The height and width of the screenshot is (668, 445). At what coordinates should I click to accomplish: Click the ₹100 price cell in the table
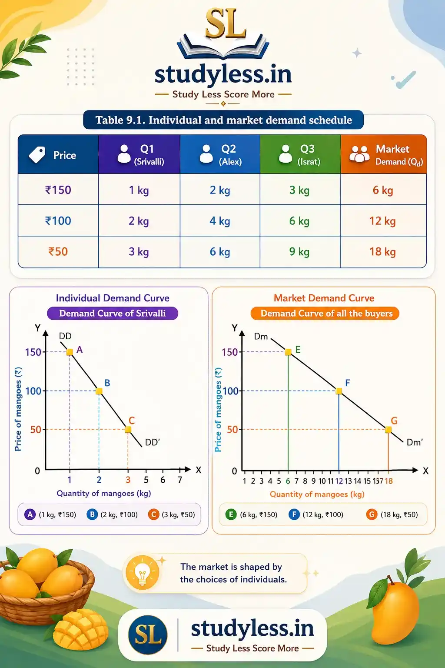pos(58,220)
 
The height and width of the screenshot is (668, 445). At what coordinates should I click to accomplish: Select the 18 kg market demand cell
pos(383,252)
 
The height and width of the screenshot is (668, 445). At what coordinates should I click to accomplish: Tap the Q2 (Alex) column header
pos(220,154)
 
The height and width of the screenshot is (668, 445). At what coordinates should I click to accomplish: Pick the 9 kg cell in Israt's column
pos(300,252)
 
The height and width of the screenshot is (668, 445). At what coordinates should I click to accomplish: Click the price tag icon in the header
pos(37,154)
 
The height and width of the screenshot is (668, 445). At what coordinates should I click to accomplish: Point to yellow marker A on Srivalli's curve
pos(70,352)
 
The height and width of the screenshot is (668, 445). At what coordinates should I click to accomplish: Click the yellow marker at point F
pos(339,391)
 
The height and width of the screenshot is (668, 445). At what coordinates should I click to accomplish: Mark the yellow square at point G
pos(388,430)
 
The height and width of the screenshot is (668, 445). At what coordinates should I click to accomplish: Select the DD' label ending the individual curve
pos(152,442)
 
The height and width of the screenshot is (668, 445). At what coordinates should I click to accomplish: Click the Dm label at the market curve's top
pos(261,337)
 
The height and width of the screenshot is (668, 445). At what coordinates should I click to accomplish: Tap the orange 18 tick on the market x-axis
pos(389,481)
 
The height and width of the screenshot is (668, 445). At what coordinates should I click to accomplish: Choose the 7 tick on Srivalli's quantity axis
pos(180,480)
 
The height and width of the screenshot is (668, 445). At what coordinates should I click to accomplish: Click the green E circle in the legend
pos(231,514)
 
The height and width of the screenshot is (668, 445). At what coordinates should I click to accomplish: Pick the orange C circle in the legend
pos(154,514)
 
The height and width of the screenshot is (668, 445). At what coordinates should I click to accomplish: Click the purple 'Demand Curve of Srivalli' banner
pos(113,313)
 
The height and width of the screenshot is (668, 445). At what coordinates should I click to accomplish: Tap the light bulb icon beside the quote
pos(143,573)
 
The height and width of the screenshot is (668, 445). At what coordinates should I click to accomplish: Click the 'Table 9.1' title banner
pos(223,120)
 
